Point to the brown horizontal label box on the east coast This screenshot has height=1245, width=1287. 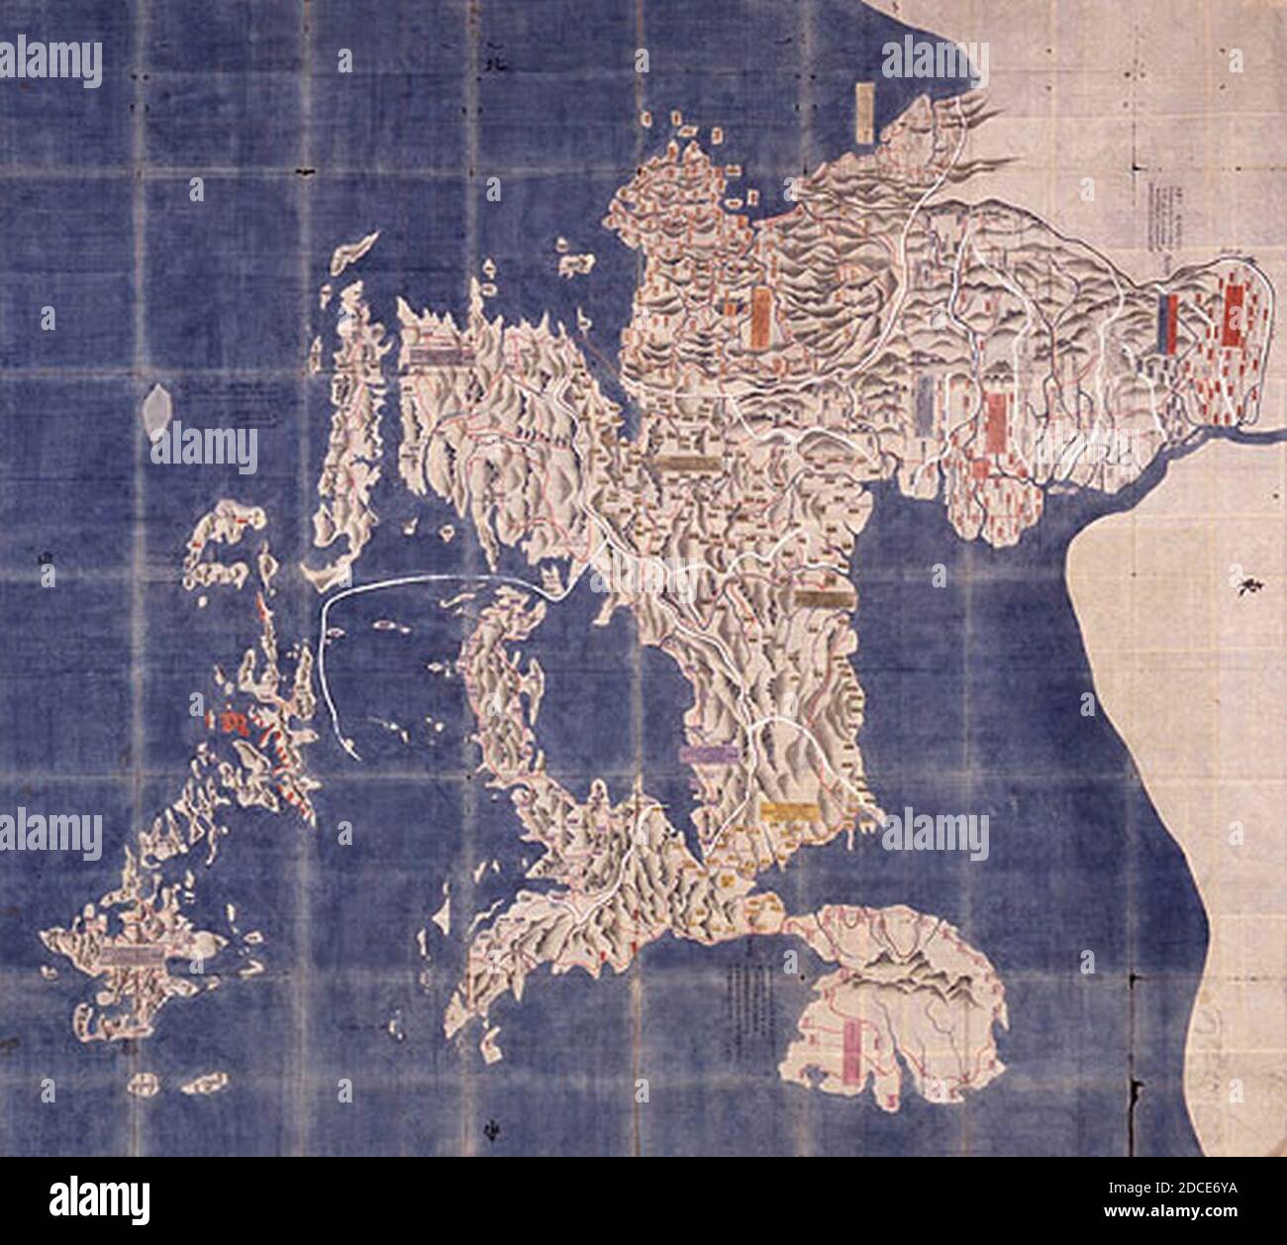click(x=823, y=599)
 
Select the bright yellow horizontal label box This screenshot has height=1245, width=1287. click(x=789, y=810)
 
